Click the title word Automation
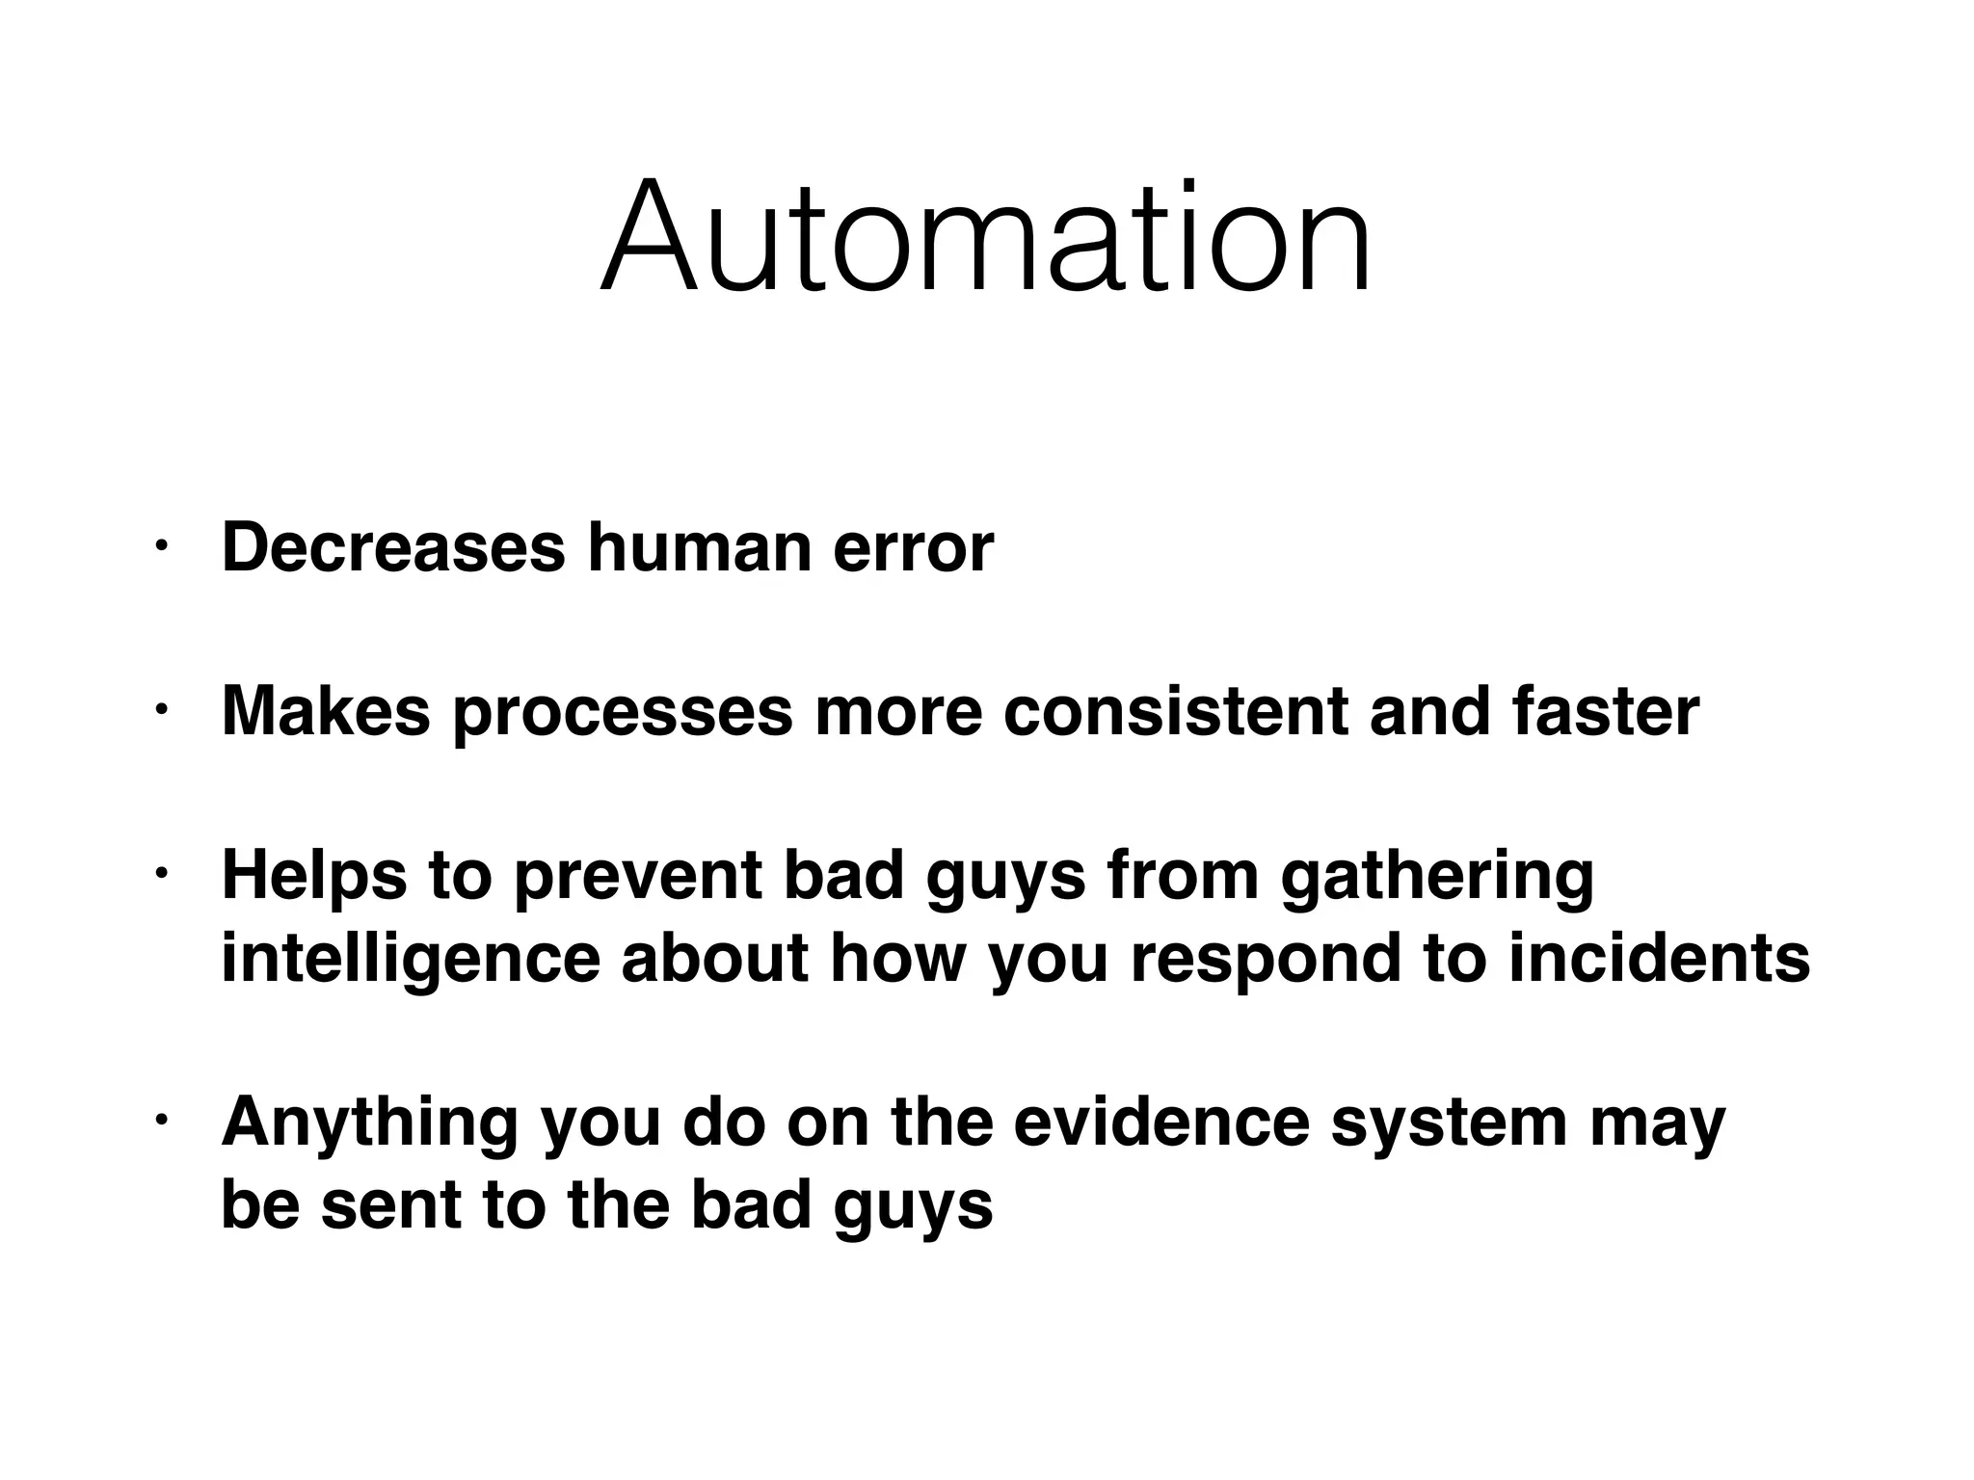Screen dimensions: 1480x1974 pos(985,236)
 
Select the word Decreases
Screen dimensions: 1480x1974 pos(393,547)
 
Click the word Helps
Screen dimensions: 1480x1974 pos(314,877)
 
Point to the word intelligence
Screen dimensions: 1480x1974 pos(410,960)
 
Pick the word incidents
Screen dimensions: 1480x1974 pos(1659,958)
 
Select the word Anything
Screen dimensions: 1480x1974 pos(370,1123)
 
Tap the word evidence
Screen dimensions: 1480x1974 pos(1161,1122)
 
